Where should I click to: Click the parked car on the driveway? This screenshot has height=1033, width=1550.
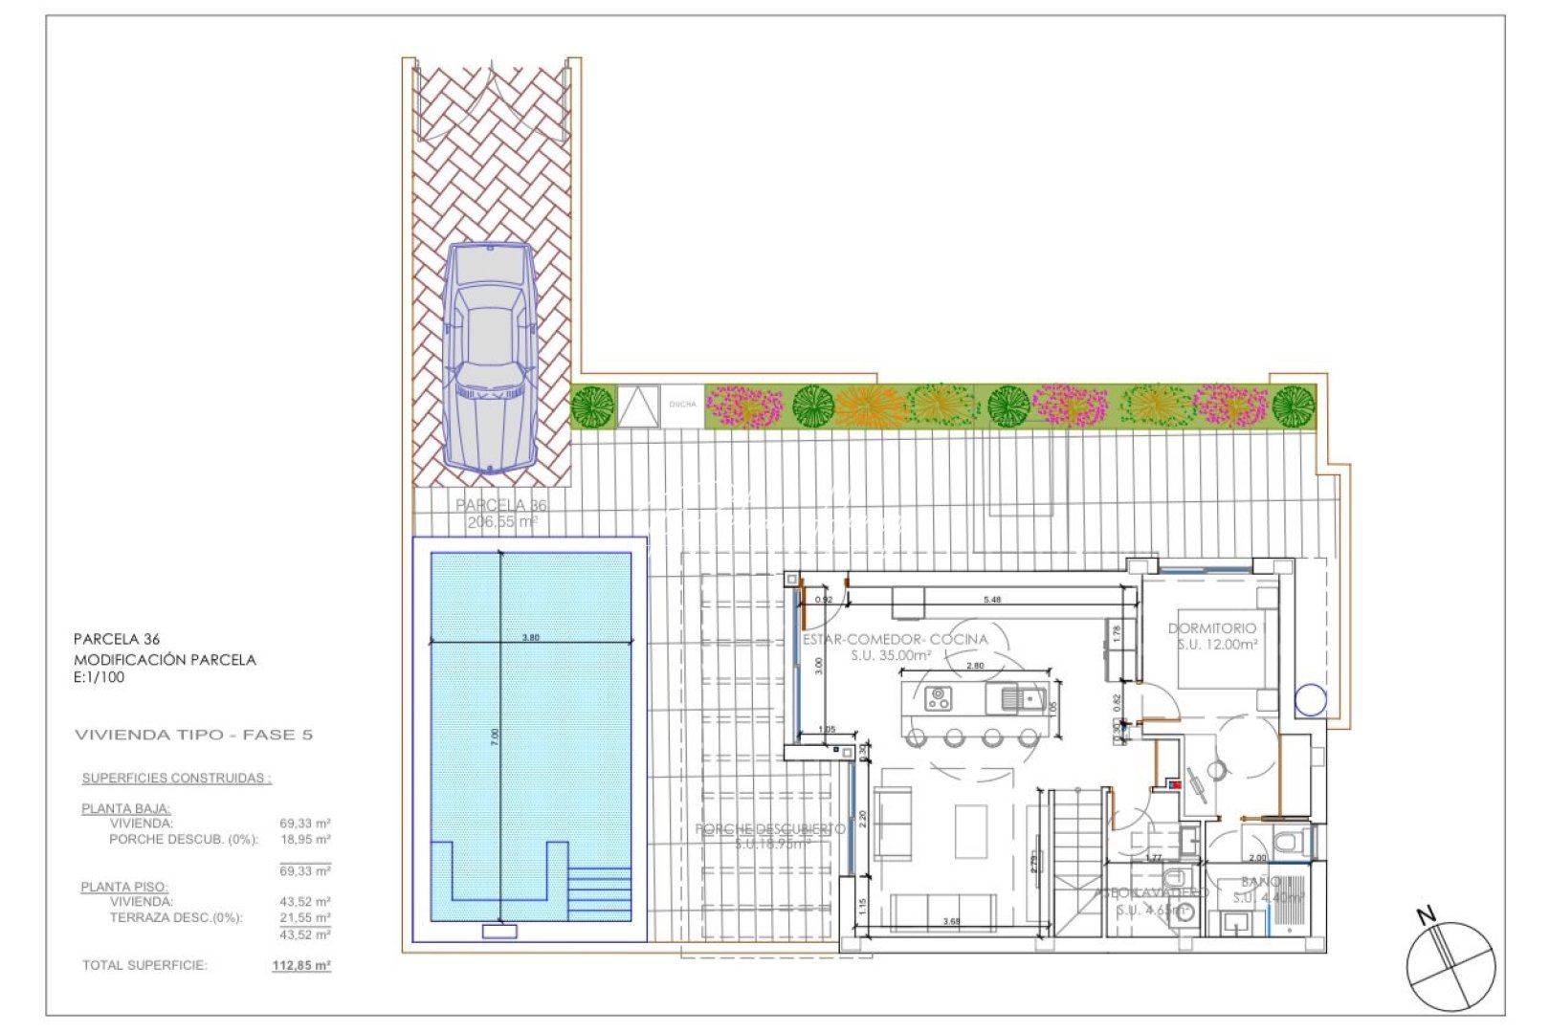pos(491,358)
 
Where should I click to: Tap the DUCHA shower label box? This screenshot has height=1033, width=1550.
pos(683,405)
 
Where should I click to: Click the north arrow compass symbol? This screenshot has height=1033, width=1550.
pos(1450,965)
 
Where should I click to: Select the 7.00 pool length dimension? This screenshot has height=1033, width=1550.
pos(495,736)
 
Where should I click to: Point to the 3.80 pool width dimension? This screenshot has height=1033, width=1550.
pos(531,637)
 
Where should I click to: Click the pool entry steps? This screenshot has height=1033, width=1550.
pos(599,892)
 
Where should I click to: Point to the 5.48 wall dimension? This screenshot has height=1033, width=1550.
pos(992,600)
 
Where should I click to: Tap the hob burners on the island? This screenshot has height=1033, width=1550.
pos(937,699)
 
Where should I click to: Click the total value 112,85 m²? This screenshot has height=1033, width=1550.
pos(301,966)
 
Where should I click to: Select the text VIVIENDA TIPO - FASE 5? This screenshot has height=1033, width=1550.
pos(193,735)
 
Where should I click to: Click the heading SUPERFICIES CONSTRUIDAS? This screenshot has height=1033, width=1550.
pos(176,779)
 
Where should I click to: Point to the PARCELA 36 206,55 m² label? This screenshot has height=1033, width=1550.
pos(502,514)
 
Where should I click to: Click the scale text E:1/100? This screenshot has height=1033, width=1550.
pos(100,677)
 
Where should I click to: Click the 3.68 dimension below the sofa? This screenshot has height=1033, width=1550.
pos(950,921)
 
